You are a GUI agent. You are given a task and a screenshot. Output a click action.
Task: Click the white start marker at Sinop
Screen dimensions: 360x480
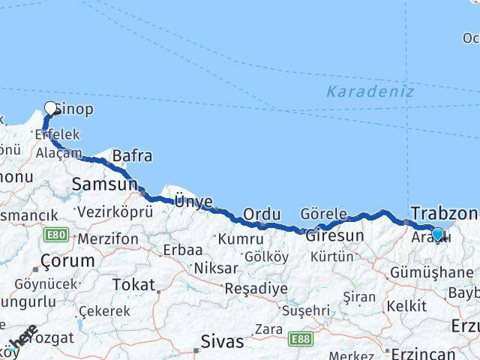pyautogui.click(x=51, y=108)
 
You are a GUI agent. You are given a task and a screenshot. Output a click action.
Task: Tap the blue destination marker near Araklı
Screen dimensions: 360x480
pyautogui.click(x=437, y=233)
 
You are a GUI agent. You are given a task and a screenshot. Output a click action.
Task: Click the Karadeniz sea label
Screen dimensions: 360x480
pyautogui.click(x=370, y=92)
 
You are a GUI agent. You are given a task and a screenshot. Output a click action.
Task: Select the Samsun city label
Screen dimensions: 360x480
pyautogui.click(x=104, y=184)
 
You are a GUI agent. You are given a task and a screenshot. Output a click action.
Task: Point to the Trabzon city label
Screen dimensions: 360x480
pyautogui.click(x=443, y=212)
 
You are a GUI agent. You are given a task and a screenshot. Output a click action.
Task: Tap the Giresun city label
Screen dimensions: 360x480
pyautogui.click(x=334, y=235)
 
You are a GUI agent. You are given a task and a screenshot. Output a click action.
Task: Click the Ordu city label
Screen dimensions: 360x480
pyautogui.click(x=262, y=214)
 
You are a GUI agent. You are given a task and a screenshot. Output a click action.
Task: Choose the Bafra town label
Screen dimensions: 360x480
pyautogui.click(x=132, y=156)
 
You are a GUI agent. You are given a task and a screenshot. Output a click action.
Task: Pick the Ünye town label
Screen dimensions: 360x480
pyautogui.click(x=193, y=200)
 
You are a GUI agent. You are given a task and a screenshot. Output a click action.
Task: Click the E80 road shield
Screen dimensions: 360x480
pyautogui.click(x=54, y=235)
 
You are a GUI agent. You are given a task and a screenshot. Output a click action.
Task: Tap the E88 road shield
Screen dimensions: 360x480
pyautogui.click(x=302, y=339)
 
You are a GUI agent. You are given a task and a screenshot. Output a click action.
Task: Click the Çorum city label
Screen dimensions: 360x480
pyautogui.click(x=68, y=261)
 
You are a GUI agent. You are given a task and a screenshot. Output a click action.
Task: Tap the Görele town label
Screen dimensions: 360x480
pyautogui.click(x=323, y=213)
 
